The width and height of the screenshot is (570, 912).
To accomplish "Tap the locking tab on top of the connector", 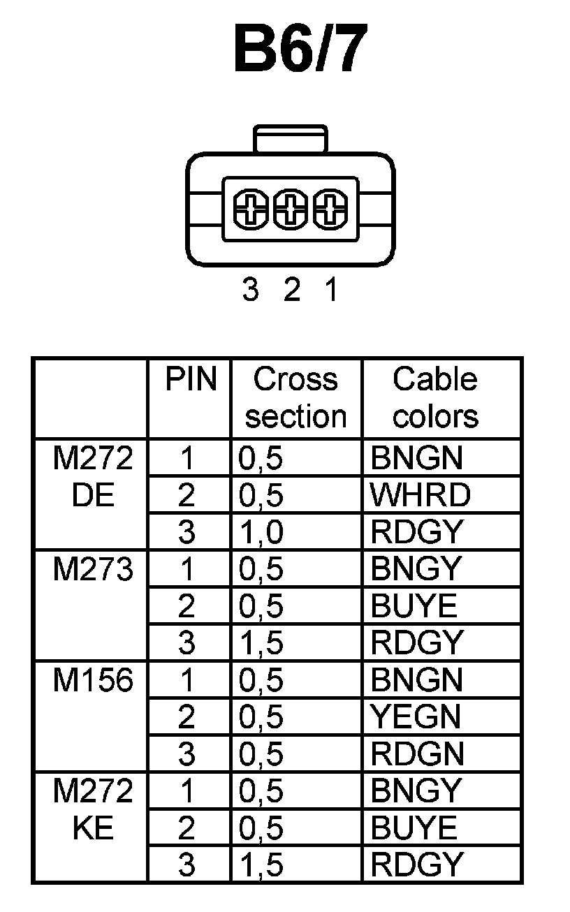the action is (291, 138).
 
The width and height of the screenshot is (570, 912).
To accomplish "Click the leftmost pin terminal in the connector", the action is (250, 209).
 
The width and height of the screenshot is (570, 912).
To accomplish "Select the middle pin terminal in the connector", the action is (291, 209).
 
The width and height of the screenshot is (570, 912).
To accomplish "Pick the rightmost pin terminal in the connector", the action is (330, 209).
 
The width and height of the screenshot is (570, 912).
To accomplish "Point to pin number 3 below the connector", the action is (250, 289).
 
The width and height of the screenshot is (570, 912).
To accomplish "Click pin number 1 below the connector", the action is (331, 289).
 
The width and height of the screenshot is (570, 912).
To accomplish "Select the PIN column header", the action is (191, 380).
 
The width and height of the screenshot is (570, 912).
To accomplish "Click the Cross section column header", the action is (296, 397).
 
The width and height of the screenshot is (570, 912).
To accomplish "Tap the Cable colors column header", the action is (435, 397).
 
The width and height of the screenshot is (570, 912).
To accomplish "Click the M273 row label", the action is (93, 570).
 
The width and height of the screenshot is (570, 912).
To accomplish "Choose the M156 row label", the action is (93, 680).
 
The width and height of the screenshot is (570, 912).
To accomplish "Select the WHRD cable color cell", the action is (421, 495).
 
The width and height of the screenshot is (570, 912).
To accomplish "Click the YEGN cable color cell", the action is (416, 717).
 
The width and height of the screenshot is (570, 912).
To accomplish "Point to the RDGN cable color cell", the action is (417, 754).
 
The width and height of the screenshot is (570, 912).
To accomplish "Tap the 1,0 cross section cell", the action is (261, 532).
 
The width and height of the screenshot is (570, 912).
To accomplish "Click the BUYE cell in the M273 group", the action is (414, 606).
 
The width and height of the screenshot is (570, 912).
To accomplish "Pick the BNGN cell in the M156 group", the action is (417, 680).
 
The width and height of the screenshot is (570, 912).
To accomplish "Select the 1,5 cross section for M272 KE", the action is (261, 865).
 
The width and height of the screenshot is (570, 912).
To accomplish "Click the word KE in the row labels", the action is (92, 828).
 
